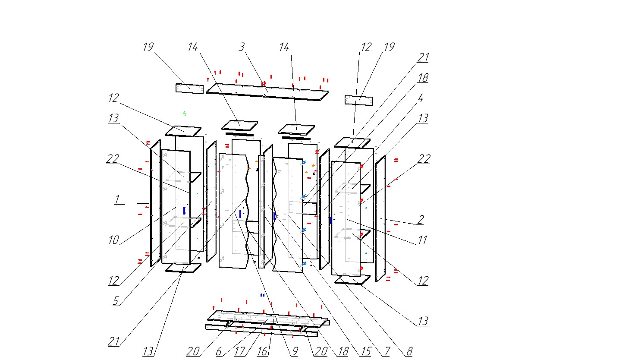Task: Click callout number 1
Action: click(x=116, y=199)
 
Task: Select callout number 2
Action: click(x=420, y=219)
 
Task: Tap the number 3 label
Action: click(x=242, y=47)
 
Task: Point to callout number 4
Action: click(x=420, y=98)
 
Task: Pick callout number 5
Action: click(x=116, y=301)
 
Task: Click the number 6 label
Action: click(x=219, y=351)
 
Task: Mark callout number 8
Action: click(x=408, y=351)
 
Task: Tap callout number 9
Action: click(x=294, y=351)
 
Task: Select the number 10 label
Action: click(x=113, y=240)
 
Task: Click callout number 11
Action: click(x=421, y=240)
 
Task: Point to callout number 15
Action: click(x=365, y=351)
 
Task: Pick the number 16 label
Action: click(x=262, y=351)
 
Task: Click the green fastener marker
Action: click(x=184, y=114)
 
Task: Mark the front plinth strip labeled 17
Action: click(x=259, y=330)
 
